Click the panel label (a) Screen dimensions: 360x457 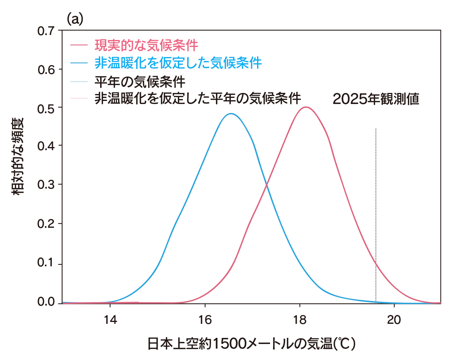pos(75,19)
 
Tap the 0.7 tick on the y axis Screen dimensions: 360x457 pos(47,31)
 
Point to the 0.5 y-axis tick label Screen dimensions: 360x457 pos(47,107)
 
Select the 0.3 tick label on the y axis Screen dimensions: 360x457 pos(47,185)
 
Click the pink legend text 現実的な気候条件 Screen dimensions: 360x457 pos(146,46)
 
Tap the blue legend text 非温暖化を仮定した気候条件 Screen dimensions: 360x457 pos(178,63)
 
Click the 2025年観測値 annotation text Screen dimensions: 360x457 pos(376,99)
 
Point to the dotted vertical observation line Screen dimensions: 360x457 pos(376,213)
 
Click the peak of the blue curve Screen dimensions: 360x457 pos(231,114)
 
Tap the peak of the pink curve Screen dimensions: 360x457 pos(305,107)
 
